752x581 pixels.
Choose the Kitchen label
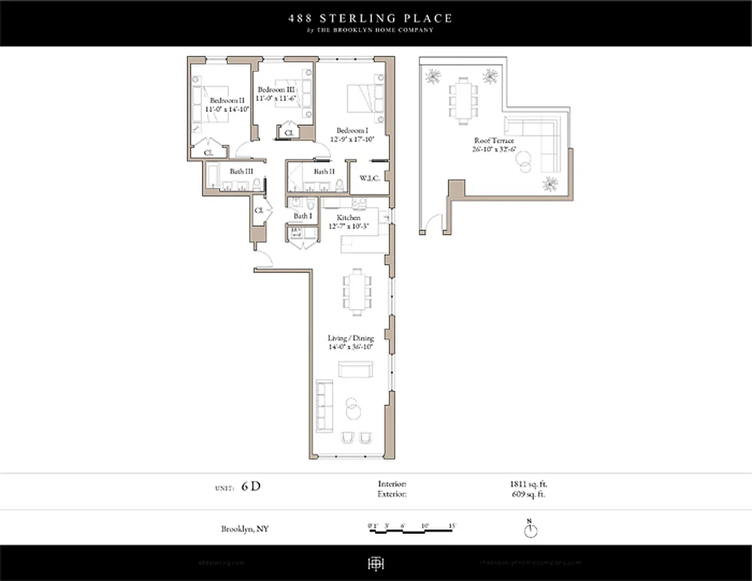click(x=348, y=217)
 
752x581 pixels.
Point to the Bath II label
click(x=324, y=171)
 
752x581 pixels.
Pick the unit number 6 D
click(x=250, y=487)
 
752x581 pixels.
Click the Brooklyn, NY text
click(x=245, y=529)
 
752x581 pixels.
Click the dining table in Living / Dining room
click(x=357, y=291)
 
